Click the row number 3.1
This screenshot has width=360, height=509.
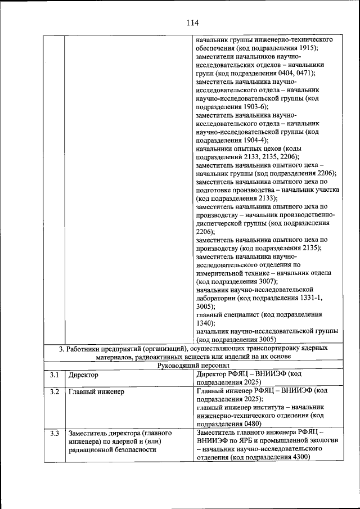point(54,374)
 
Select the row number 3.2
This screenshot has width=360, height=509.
point(54,390)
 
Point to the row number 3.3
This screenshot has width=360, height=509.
point(54,433)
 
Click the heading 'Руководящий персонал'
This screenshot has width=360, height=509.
point(194,365)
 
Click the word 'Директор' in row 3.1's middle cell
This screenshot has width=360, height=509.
point(83,374)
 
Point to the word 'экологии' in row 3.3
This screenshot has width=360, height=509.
point(325,441)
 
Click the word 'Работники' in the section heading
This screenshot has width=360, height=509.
point(84,349)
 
